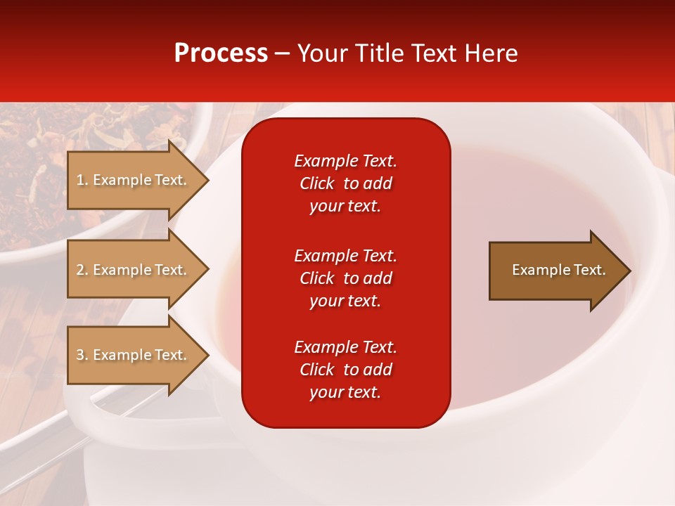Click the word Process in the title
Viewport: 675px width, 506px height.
(221, 53)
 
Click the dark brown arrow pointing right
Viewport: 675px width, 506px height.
(555, 271)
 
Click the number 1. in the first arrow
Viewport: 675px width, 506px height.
(82, 180)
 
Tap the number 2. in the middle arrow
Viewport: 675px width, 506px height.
(82, 270)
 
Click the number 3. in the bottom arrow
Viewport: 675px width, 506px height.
(82, 355)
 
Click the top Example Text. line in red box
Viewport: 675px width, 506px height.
(345, 161)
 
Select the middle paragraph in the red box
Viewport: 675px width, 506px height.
(345, 278)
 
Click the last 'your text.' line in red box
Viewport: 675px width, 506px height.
(345, 392)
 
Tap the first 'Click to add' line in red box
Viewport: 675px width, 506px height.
(345, 183)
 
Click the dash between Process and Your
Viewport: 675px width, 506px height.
(282, 53)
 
